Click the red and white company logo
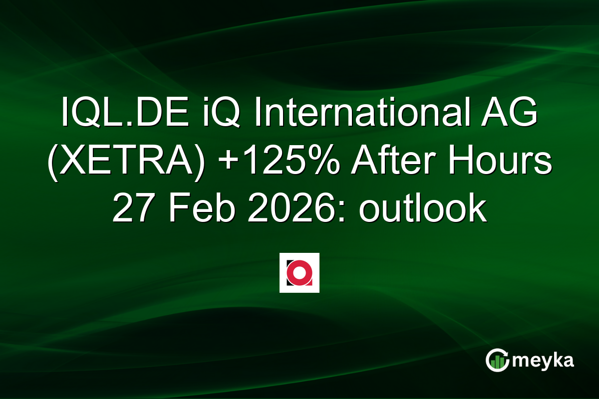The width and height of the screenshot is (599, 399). point(299,273)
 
